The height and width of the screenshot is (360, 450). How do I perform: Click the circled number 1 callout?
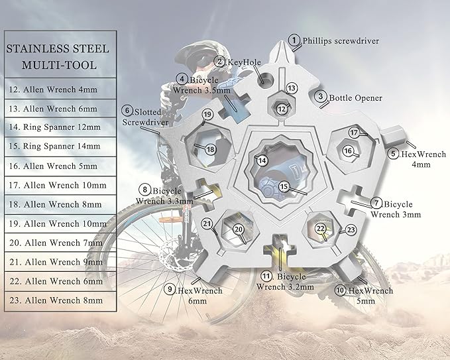[295, 40]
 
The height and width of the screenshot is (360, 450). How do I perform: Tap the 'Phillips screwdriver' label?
[341, 40]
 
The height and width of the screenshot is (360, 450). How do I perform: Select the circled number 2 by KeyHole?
[221, 62]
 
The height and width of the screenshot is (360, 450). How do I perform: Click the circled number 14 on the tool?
[263, 160]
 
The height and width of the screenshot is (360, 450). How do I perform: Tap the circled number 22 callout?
[320, 228]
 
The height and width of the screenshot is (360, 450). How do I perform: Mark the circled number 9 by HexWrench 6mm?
[171, 289]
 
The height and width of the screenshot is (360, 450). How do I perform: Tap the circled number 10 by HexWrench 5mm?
[340, 290]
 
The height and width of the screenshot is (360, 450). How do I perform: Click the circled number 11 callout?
[266, 275]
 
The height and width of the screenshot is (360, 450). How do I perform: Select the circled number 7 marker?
[376, 204]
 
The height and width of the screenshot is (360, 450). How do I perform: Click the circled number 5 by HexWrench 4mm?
[394, 154]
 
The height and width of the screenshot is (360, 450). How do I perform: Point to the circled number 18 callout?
[211, 149]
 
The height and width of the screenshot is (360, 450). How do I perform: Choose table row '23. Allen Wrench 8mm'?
[54, 300]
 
